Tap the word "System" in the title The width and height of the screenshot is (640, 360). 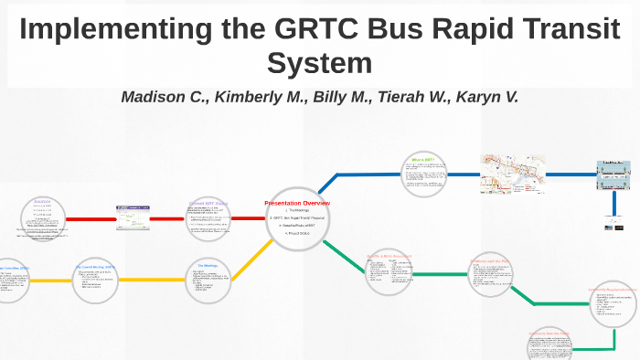(319, 64)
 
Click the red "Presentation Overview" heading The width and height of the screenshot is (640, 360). (297, 203)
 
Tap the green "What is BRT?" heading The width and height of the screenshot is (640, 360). (428, 160)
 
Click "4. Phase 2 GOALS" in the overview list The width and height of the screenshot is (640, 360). (297, 233)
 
